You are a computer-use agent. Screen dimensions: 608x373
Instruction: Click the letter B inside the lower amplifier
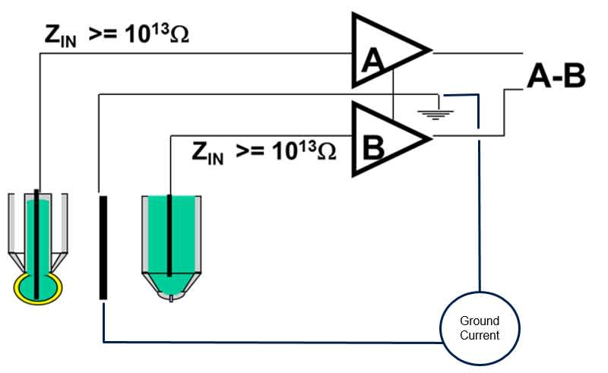pos(373,147)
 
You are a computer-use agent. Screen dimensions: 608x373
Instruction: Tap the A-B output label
pos(556,76)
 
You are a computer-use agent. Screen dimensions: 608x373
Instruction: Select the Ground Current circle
pos(480,328)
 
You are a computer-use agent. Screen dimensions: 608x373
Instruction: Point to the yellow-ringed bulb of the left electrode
pos(38,288)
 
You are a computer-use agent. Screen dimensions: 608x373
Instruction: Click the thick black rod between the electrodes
pos(103,248)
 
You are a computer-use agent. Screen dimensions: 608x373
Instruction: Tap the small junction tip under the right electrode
pos(171,299)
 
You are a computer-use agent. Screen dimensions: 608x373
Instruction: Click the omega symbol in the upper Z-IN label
pos(179,35)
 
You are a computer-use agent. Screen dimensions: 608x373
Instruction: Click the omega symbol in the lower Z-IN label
pos(327,152)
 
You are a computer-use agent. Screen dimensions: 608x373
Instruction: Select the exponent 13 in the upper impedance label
pos(160,28)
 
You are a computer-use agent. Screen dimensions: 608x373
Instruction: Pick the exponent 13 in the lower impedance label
pos(307,145)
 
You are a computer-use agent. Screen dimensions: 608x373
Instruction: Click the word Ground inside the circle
pos(480,321)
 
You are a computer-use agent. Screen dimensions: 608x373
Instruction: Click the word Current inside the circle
pos(480,335)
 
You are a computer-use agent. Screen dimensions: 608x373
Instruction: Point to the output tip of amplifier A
pos(431,49)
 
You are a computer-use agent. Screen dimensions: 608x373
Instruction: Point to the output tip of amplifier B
pos(431,138)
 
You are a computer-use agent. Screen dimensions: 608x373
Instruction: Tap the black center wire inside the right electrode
pos(169,235)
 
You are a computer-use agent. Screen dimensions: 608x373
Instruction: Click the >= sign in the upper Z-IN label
pos(103,34)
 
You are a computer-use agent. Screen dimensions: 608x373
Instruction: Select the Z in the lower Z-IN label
pos(199,151)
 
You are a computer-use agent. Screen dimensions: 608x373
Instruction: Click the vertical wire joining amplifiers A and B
pos(393,94)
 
